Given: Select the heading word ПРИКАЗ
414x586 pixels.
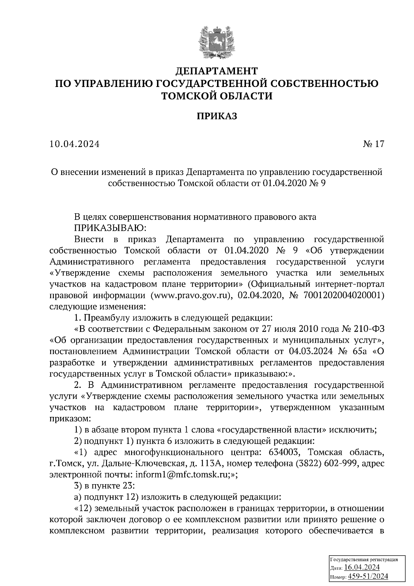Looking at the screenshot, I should point(217,117).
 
